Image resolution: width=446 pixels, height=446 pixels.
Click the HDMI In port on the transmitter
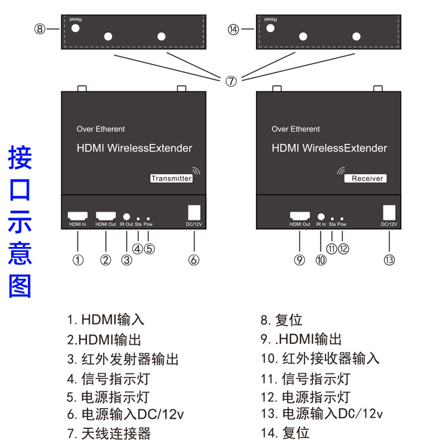pos(77,215)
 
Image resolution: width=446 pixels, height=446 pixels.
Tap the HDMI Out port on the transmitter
pos(105,215)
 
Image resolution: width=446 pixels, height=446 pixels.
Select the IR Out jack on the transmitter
pos(127,216)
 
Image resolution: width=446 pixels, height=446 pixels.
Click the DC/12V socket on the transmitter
pos(193,213)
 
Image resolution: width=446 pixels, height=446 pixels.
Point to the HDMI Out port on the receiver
pos(299,216)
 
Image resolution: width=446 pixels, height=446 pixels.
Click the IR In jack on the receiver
pos(321,216)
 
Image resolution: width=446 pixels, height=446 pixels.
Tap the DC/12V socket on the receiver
pos(389,213)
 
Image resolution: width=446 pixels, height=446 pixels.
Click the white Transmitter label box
pos(172,178)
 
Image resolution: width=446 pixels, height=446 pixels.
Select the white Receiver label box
pos(366,178)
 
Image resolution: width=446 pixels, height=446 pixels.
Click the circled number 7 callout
pos(231,81)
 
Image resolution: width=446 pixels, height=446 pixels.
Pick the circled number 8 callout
pos(40,29)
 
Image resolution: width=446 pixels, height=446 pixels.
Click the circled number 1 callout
pos(78,260)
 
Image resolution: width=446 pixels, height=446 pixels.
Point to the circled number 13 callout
pos(390,260)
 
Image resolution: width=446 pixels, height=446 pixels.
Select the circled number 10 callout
pos(321,260)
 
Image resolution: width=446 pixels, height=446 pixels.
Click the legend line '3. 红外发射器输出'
pos(123,359)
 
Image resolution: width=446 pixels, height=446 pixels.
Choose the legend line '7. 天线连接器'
pos(109,433)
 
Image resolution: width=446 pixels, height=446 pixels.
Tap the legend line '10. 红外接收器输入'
pos(320,358)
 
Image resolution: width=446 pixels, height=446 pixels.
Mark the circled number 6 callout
pos(193,260)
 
